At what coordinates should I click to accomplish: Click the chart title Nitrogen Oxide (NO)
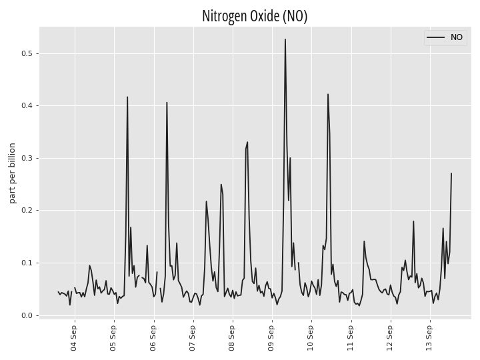click(255, 16)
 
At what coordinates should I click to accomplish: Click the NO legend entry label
click(457, 37)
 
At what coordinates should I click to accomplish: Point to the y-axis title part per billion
click(12, 173)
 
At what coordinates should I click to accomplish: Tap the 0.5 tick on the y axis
click(26, 53)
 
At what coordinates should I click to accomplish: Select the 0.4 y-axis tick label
click(26, 105)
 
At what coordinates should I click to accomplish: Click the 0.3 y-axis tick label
click(26, 158)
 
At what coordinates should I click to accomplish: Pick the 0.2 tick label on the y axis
click(26, 211)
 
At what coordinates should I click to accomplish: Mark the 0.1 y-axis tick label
click(26, 263)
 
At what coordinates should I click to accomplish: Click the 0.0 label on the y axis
click(26, 315)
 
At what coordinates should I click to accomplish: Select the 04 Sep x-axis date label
click(74, 338)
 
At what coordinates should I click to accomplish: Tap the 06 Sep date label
click(153, 338)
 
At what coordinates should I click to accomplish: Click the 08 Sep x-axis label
click(232, 338)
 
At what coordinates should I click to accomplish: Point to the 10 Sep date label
click(311, 338)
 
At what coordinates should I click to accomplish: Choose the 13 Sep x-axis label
click(429, 338)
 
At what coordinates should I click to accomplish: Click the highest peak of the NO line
click(285, 39)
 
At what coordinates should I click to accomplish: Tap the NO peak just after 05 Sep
click(127, 97)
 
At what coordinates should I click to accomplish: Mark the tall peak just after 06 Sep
click(167, 102)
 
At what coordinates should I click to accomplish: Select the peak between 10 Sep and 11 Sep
click(328, 94)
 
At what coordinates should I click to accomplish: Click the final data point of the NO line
click(451, 173)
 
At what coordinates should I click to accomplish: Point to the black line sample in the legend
click(435, 37)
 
